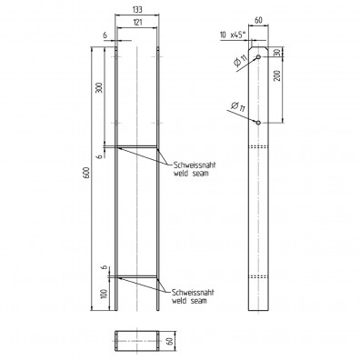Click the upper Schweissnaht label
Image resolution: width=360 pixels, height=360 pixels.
pyautogui.click(x=189, y=165)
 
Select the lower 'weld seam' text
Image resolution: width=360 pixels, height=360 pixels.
pyautogui.click(x=186, y=300)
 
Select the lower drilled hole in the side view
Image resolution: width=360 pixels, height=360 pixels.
pyautogui.click(x=258, y=121)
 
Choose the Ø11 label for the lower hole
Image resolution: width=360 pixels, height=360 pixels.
pyautogui.click(x=237, y=109)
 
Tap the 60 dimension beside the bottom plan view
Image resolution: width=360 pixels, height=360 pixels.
pyautogui.click(x=170, y=342)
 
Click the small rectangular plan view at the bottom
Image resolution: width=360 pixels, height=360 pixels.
pyautogui.click(x=136, y=343)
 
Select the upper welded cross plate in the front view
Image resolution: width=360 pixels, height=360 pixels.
pyautogui.click(x=136, y=146)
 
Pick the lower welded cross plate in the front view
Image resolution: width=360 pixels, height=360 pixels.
pyautogui.click(x=136, y=275)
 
